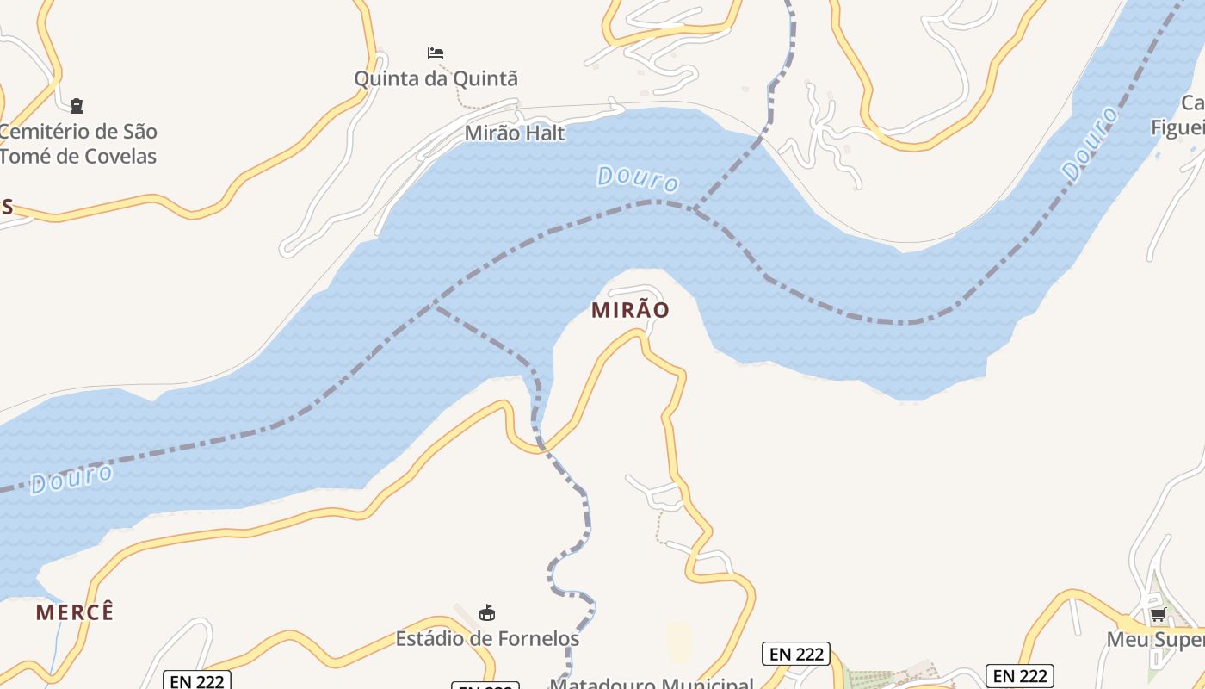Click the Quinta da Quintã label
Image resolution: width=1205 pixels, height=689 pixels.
tap(436, 78)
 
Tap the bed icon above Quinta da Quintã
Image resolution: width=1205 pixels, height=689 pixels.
tap(436, 53)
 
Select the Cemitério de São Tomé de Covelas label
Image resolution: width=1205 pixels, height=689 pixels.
tap(78, 144)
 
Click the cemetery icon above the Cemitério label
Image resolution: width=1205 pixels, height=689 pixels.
tap(77, 106)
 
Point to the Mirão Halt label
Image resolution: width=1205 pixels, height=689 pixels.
tap(515, 133)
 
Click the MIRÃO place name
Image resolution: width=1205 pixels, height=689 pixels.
tap(630, 310)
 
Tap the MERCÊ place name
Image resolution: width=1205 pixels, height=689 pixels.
tap(75, 612)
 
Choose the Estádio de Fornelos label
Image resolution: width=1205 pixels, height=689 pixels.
tap(487, 638)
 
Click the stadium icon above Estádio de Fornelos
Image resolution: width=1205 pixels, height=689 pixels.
tap(487, 612)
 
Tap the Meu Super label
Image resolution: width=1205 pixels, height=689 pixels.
tap(1155, 640)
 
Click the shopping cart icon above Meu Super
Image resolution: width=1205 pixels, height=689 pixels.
tap(1159, 615)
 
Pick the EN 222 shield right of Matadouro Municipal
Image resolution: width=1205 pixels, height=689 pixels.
tap(795, 654)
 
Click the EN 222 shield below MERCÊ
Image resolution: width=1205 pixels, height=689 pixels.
tap(197, 680)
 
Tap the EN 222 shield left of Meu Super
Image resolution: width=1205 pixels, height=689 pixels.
tap(1019, 675)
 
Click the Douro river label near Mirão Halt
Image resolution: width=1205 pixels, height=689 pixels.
tap(638, 179)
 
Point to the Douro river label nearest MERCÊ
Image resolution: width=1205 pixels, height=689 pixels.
tap(71, 479)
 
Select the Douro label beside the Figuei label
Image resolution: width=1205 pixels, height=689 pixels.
tap(1091, 144)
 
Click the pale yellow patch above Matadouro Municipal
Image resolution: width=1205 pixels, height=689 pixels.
tap(679, 642)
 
